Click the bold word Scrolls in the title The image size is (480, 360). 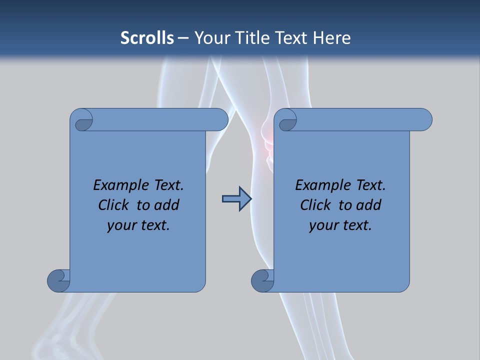coord(147,38)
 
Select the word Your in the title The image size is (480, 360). coord(209,38)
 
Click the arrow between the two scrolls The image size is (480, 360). coord(236,199)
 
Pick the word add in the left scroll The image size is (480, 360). coord(166,205)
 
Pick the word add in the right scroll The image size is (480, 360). coord(368,205)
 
